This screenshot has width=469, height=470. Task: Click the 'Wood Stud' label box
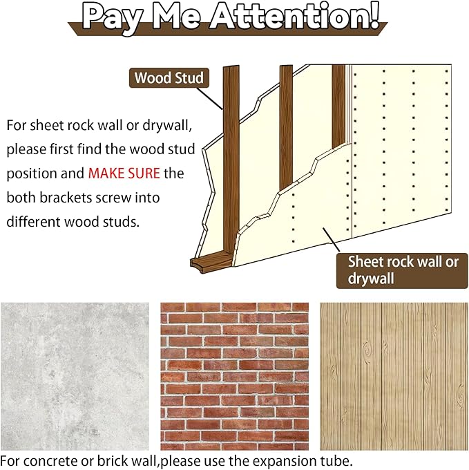(x=169, y=78)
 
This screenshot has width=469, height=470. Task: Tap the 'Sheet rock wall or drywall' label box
(x=402, y=271)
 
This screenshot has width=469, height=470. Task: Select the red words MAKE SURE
(x=124, y=173)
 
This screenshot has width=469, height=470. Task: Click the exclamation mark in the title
(x=373, y=16)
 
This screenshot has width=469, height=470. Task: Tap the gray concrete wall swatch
(x=75, y=376)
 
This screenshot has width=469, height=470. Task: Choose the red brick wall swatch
(x=235, y=376)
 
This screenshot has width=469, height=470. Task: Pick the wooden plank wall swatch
(x=394, y=376)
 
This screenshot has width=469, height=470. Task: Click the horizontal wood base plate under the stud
(x=211, y=261)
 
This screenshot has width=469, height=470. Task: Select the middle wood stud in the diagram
(x=286, y=127)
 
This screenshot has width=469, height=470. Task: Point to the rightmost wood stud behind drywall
(x=338, y=106)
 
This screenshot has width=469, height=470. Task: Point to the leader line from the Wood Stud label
(x=209, y=99)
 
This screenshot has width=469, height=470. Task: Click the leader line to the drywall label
(x=332, y=240)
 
